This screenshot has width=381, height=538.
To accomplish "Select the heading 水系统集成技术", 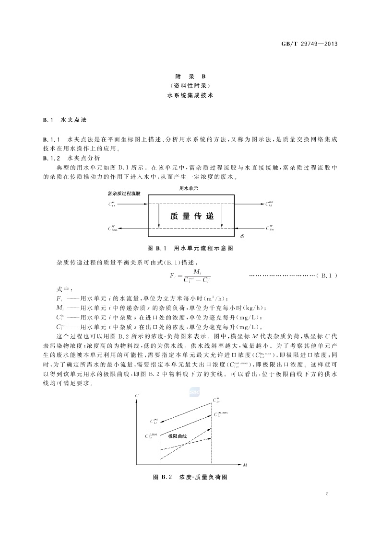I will [190, 95].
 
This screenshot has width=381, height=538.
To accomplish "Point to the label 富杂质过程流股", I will [124, 193].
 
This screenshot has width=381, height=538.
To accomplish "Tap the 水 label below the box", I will [242, 236].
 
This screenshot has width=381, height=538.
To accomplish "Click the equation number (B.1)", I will [327, 275].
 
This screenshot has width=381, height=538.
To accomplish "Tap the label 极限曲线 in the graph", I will [177, 436].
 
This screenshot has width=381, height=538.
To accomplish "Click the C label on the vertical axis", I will [138, 395].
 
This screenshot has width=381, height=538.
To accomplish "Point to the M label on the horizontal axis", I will [245, 465].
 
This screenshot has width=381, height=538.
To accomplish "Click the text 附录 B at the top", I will [190, 77].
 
